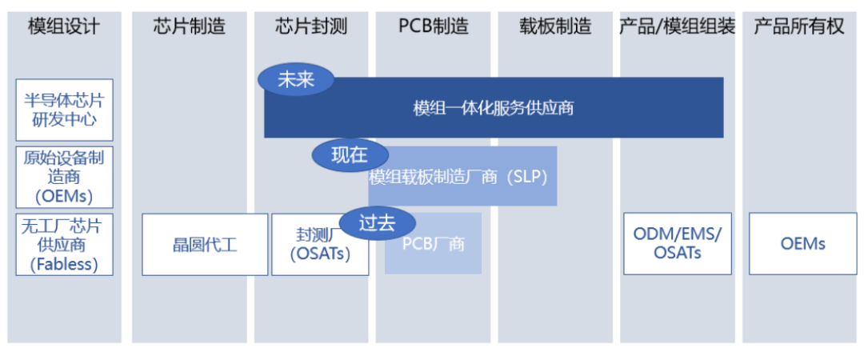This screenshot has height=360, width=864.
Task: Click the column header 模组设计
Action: (65, 26)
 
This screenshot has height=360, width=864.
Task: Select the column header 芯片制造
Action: (190, 26)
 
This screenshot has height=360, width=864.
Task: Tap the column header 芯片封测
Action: (311, 26)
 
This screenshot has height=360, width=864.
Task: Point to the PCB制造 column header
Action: (434, 26)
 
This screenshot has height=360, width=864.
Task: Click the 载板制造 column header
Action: (555, 26)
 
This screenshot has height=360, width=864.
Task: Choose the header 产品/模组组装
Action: (678, 26)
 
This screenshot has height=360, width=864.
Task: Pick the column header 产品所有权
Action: (799, 26)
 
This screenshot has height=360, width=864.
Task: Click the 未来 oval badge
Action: (296, 80)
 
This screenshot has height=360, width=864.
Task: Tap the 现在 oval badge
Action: (350, 155)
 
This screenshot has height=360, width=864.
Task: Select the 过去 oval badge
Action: (377, 224)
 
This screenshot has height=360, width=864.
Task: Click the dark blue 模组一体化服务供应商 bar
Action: (494, 107)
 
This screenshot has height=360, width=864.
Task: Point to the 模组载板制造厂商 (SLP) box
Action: (462, 177)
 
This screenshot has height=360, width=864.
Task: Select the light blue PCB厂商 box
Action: (433, 244)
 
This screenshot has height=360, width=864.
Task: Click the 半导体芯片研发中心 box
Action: (65, 110)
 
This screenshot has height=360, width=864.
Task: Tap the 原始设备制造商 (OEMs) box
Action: (65, 177)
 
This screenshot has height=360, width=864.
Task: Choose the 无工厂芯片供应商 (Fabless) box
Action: (65, 244)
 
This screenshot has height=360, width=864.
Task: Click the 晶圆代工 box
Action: (205, 244)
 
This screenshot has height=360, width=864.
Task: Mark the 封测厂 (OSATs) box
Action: (320, 244)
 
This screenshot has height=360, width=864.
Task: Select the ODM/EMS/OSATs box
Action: (678, 244)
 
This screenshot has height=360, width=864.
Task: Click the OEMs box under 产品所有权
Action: (803, 244)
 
